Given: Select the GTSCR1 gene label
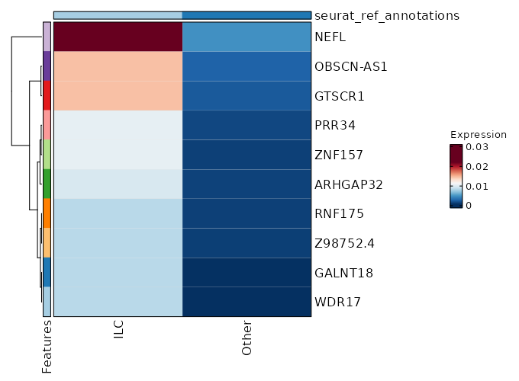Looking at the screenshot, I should pos(340,96).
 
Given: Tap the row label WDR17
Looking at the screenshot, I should pos(337,302).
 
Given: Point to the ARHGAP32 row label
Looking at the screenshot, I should pos(348,184).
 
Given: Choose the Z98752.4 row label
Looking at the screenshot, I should pos(343,243).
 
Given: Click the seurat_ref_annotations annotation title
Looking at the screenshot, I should pos(387,15).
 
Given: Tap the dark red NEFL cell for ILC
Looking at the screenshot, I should pos(118,37).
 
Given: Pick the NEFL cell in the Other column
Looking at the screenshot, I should pos(247,37).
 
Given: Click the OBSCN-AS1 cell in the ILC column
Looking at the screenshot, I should pos(118,66).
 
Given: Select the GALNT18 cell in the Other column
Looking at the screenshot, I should pos(247,272).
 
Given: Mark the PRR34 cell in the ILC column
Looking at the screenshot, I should pos(118,125).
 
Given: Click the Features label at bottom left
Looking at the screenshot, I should pos(47,347).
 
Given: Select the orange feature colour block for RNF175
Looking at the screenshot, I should pos(47,213).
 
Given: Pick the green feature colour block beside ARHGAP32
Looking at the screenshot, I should pos(47,184).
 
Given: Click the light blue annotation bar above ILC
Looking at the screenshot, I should pos(118,15).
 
